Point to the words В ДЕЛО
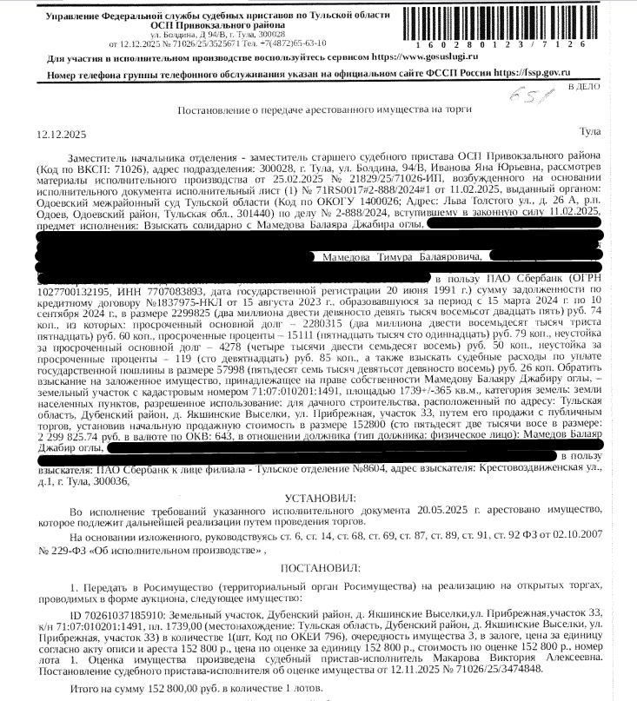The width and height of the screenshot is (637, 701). (581, 88)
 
